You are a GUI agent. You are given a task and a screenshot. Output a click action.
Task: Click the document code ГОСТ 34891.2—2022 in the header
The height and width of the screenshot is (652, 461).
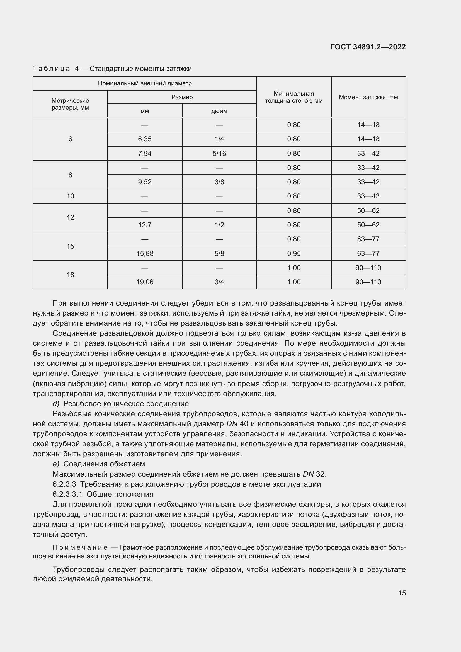pyautogui.click(x=368, y=47)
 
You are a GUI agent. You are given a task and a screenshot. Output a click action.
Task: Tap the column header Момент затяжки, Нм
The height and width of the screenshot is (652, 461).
pyautogui.click(x=368, y=97)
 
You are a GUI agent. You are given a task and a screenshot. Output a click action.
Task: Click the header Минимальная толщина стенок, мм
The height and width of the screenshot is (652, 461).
pyautogui.click(x=293, y=97)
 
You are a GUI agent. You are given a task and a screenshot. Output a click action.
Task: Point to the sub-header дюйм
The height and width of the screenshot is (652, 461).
pyautogui.click(x=219, y=111)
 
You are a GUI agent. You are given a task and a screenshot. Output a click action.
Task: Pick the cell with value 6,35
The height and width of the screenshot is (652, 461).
pyautogui.click(x=145, y=139)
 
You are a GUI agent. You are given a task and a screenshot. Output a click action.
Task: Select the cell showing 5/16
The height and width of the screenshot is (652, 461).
pyautogui.click(x=219, y=154)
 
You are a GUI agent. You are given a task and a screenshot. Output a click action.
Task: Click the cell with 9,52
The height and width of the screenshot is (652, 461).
pyautogui.click(x=145, y=182)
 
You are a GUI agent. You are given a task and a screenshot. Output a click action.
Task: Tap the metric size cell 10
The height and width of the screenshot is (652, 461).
pyautogui.click(x=70, y=196)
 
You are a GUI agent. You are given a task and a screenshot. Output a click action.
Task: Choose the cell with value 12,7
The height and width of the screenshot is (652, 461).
pyautogui.click(x=145, y=225)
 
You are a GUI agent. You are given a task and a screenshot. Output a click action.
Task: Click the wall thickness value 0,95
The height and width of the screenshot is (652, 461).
pyautogui.click(x=293, y=254)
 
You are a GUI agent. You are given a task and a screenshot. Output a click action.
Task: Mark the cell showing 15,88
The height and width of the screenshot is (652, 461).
pyautogui.click(x=145, y=254)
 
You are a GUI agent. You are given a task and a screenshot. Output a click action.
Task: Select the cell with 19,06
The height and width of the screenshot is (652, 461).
pyautogui.click(x=145, y=282)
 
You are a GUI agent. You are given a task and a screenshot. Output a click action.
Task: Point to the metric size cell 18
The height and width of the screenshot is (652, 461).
pyautogui.click(x=70, y=275)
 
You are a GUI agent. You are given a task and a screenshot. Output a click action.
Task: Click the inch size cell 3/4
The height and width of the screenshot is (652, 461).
pyautogui.click(x=219, y=282)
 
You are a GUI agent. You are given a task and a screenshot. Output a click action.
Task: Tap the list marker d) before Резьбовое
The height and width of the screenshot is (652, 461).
pyautogui.click(x=56, y=404)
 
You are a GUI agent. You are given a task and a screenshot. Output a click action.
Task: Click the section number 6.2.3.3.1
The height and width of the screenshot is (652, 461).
pyautogui.click(x=67, y=495)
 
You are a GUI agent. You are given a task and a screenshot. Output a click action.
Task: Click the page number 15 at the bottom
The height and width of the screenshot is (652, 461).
pyautogui.click(x=402, y=593)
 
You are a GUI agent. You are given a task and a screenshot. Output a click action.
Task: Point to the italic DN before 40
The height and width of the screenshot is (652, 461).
pyautogui.click(x=232, y=424)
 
